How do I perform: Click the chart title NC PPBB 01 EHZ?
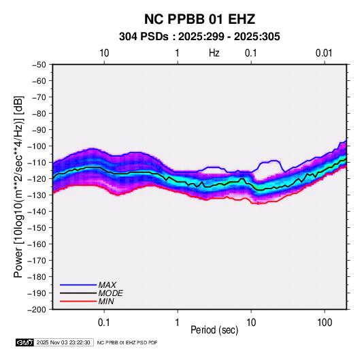pos(199,19)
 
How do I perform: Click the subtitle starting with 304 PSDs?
pos(199,37)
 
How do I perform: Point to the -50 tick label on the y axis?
pos(39,65)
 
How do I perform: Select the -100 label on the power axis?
pos(37,146)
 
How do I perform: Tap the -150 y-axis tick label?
pos(37,228)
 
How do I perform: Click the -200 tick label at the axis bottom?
pos(37,310)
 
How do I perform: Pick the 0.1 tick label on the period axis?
pos(104,323)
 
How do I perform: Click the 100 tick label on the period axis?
pos(325,323)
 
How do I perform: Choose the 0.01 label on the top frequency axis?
pos(324,53)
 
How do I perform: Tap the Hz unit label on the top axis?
pos(214,53)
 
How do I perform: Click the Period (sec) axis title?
pos(214,330)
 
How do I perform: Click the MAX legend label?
pos(107,285)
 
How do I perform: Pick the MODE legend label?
pos(110,293)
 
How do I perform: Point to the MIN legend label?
pos(106,301)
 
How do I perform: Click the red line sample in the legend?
pos(78,301)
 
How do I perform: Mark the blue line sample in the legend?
pos(78,285)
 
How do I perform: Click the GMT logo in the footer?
pos(24,342)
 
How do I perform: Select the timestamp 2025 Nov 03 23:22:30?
pos(63,342)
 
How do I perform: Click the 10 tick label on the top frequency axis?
pos(104,53)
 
